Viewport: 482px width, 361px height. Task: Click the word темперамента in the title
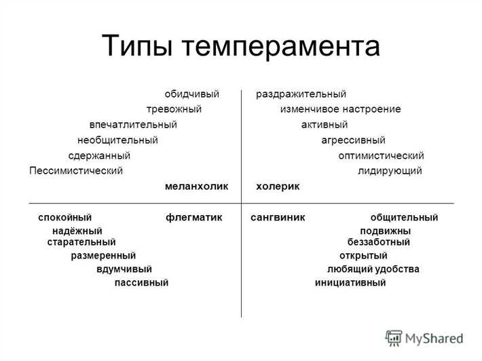click(284, 47)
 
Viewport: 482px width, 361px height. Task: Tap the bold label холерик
click(278, 186)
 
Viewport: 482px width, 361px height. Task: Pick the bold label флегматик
click(194, 217)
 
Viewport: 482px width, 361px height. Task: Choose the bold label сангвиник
click(278, 217)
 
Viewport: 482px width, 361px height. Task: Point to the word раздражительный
click(301, 94)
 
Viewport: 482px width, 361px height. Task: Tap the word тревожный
click(174, 109)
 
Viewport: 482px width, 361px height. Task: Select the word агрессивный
click(353, 140)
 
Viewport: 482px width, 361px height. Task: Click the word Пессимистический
click(76, 171)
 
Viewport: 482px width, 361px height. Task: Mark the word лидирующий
click(390, 171)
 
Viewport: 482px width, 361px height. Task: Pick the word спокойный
click(64, 217)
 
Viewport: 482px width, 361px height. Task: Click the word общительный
click(404, 217)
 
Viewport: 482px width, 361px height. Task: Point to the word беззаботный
click(378, 242)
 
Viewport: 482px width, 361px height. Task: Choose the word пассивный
click(141, 282)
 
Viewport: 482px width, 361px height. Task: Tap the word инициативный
click(350, 282)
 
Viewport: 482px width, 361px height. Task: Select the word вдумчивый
click(124, 269)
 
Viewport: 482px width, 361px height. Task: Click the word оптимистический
click(381, 156)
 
